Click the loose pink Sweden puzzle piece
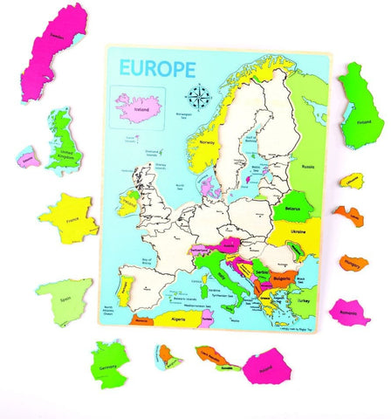coord(54,44)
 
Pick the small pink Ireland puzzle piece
coord(28,158)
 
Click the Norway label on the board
coord(207,141)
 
